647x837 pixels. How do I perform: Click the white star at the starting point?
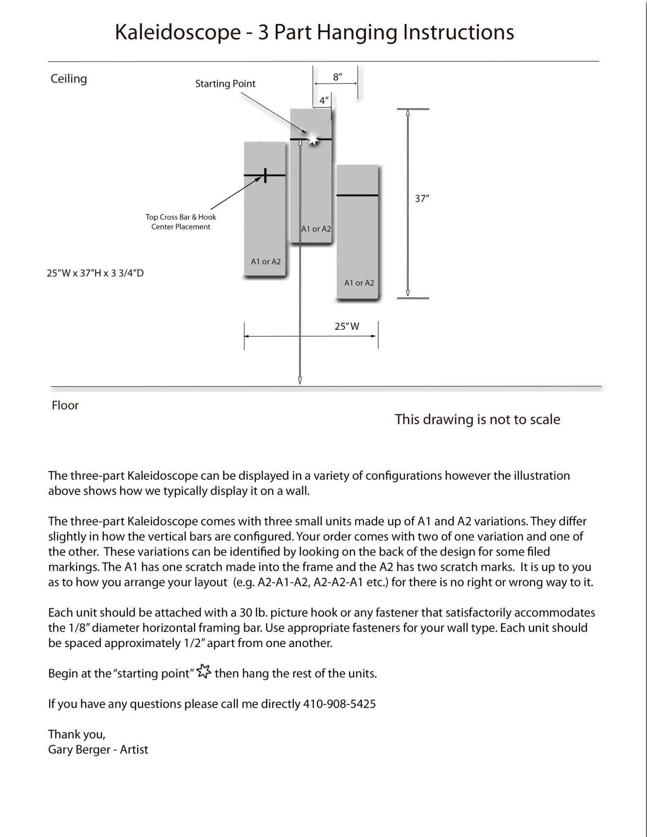[313, 139]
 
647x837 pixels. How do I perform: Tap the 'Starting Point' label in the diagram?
[225, 84]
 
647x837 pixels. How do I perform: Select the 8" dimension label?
[337, 77]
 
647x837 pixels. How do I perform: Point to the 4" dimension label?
[324, 101]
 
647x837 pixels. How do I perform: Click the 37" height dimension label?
[422, 199]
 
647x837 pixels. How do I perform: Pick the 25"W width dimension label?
[347, 326]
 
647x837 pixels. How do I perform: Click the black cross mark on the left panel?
[265, 175]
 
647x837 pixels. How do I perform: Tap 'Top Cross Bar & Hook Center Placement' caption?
[181, 222]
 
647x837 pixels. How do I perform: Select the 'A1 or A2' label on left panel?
[266, 262]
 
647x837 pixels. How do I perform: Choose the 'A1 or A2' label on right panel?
[359, 283]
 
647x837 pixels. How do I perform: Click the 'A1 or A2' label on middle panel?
[316, 229]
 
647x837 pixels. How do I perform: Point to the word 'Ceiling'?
[69, 78]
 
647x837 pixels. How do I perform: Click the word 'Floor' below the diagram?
[65, 405]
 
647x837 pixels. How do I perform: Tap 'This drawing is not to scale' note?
[477, 419]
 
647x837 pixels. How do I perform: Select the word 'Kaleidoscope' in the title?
[178, 32]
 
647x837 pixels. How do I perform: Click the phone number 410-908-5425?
[339, 704]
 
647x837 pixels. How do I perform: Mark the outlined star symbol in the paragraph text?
[204, 671]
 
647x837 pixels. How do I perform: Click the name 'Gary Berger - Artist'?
[98, 750]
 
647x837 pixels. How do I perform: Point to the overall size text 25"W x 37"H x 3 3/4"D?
[95, 273]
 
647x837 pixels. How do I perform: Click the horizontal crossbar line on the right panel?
[357, 195]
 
